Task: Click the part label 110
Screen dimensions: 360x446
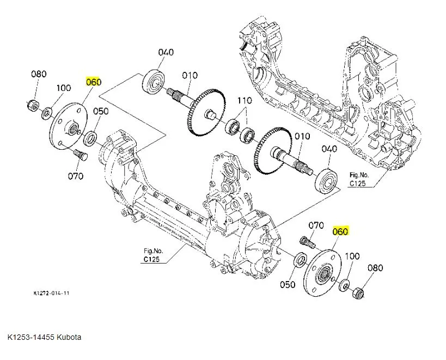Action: pyautogui.click(x=243, y=101)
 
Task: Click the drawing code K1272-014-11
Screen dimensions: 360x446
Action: pyautogui.click(x=51, y=294)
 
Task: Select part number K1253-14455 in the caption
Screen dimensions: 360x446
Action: pyautogui.click(x=30, y=337)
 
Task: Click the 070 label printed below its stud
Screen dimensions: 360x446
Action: pyautogui.click(x=75, y=175)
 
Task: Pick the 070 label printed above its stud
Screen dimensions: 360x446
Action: pyautogui.click(x=316, y=225)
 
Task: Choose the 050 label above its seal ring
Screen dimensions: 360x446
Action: pyautogui.click(x=101, y=111)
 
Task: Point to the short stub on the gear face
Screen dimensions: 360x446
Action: pyautogui.click(x=209, y=115)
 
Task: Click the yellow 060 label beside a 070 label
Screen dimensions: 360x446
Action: pyautogui.click(x=340, y=231)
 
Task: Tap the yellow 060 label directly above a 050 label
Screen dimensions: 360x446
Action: pyautogui.click(x=94, y=82)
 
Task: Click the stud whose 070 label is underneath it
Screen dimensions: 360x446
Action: pyautogui.click(x=79, y=156)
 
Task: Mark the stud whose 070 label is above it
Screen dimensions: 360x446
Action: pyautogui.click(x=307, y=241)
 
